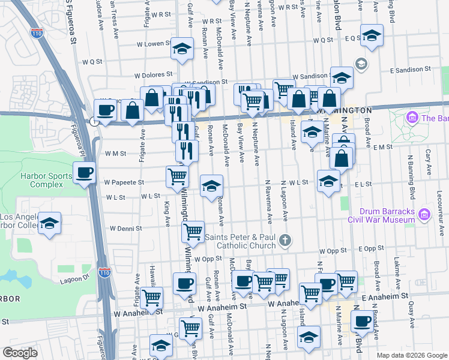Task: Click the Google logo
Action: [20, 353]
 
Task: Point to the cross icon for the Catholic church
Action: [285, 241]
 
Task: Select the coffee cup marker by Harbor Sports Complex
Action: [84, 173]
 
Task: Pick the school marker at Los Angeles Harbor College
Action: [50, 223]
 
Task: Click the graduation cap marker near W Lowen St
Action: [182, 49]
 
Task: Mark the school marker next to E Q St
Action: [372, 35]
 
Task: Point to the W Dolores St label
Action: [153, 76]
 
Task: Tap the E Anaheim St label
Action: [385, 296]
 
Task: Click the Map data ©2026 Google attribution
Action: [411, 355]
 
